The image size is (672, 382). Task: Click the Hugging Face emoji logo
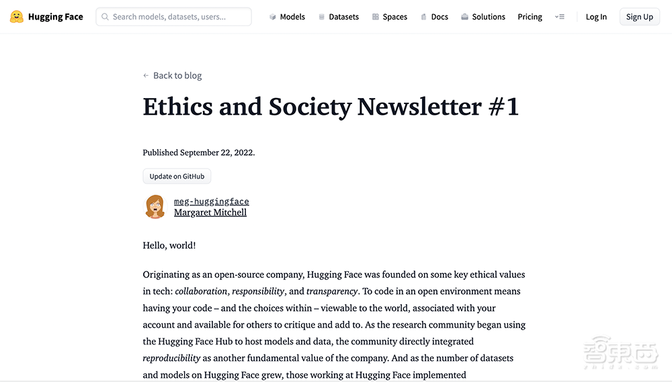coord(17,17)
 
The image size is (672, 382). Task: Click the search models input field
coord(174,17)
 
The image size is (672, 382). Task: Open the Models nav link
coord(287,17)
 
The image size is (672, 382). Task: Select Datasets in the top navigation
coord(339,17)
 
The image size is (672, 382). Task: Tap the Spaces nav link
coord(390,17)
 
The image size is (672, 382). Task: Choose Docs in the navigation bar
coord(435,17)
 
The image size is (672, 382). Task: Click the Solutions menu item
coord(483,17)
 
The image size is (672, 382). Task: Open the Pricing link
coord(530,17)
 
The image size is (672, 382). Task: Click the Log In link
coord(596,17)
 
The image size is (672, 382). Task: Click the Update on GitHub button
coord(177,177)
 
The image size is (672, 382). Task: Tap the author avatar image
coord(155,207)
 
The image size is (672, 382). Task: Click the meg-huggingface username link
coord(211,201)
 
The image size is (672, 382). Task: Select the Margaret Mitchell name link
coord(210,213)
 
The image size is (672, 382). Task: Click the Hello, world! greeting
coord(169,246)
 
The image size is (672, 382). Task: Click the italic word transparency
coord(332,291)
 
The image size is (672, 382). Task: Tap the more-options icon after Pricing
coord(560,17)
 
